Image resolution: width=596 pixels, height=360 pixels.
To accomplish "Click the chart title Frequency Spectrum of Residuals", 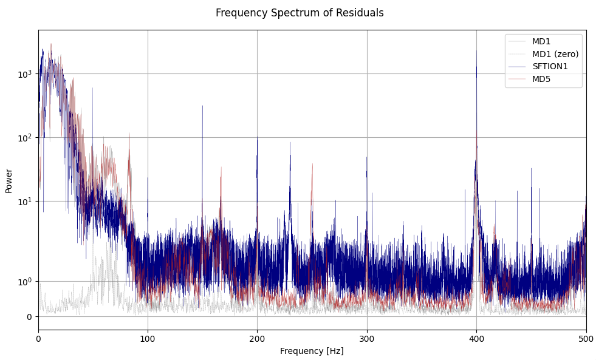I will click(300, 13).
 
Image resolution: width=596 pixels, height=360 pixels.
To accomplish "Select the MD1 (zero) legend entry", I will click(555, 54).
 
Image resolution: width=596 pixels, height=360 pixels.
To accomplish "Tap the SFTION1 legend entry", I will click(550, 66).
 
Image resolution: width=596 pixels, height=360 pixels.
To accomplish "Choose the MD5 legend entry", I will click(541, 79).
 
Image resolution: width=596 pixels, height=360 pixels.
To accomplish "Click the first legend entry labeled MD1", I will click(541, 41).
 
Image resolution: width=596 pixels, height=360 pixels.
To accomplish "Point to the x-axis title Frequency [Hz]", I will click(312, 351).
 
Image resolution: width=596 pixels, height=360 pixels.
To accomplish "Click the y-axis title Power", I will click(9, 181).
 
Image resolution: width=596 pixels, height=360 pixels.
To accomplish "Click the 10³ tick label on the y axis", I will click(24, 73).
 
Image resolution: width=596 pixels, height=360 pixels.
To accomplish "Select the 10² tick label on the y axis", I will click(24, 137).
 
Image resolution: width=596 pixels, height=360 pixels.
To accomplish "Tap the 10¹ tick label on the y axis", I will click(24, 201).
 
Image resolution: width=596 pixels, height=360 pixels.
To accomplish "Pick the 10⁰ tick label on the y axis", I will click(24, 281).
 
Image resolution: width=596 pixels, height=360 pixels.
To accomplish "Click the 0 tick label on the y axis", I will click(29, 316).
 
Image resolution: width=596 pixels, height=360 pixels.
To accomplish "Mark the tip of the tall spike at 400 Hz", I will click(476, 50).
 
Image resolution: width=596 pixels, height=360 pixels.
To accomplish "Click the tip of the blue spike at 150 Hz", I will click(202, 106).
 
